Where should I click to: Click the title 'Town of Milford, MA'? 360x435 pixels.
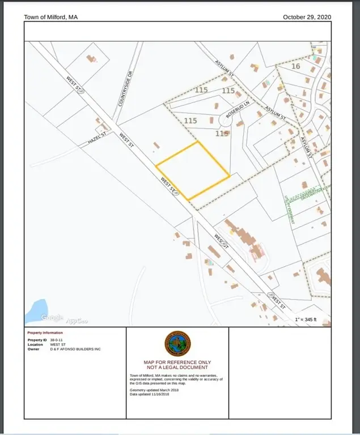tap(50, 17)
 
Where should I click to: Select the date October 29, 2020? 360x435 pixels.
tap(307, 17)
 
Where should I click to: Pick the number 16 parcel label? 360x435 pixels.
tap(295, 66)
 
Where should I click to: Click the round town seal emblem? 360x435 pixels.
tap(177, 343)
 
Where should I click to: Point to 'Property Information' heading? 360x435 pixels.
tap(45, 332)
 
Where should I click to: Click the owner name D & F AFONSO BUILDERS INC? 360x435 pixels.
tap(75, 349)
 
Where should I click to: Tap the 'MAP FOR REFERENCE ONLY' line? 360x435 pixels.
tap(177, 362)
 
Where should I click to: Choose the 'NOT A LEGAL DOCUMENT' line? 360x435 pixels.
tap(177, 368)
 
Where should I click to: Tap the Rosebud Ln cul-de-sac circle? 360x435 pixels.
tap(227, 121)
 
